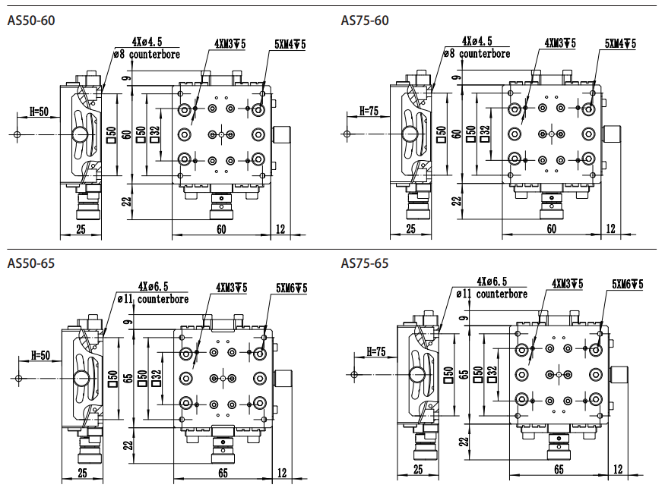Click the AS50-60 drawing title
point(30,20)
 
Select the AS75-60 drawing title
point(365,20)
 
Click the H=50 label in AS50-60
point(40,112)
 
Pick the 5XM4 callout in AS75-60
point(620,44)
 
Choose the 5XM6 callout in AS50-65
point(292,288)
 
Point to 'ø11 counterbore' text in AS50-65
point(153,299)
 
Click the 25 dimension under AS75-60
point(411,228)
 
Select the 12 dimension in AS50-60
point(281,228)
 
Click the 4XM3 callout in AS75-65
point(567,284)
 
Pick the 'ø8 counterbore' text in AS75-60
point(477,54)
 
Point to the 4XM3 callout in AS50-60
point(230,44)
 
